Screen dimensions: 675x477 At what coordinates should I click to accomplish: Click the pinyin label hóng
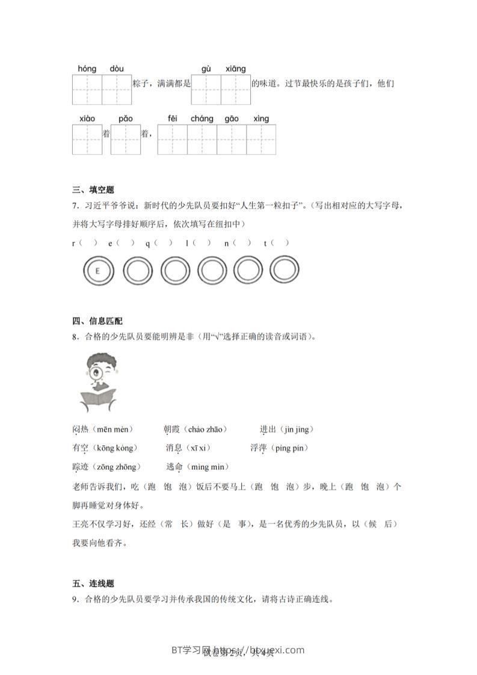(x=87, y=69)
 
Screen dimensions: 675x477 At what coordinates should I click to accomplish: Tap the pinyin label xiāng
(x=236, y=69)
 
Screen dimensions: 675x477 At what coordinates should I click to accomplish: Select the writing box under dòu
(x=117, y=90)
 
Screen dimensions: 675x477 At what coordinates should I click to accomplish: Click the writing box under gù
(x=206, y=90)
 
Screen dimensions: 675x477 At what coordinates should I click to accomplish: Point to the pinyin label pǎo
(x=125, y=119)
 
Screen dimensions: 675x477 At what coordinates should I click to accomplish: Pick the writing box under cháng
(x=202, y=140)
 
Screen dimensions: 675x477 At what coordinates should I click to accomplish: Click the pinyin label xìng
(x=261, y=119)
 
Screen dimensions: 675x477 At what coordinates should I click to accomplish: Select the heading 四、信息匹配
(x=97, y=321)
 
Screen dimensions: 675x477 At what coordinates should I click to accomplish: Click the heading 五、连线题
(x=93, y=584)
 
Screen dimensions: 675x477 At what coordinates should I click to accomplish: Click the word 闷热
(x=80, y=429)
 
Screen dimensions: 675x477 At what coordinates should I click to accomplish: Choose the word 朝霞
(x=171, y=429)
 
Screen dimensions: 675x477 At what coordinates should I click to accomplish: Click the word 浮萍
(x=259, y=448)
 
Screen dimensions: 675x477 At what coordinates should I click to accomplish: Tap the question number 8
(x=75, y=337)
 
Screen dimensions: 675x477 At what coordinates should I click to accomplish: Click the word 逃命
(x=174, y=466)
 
